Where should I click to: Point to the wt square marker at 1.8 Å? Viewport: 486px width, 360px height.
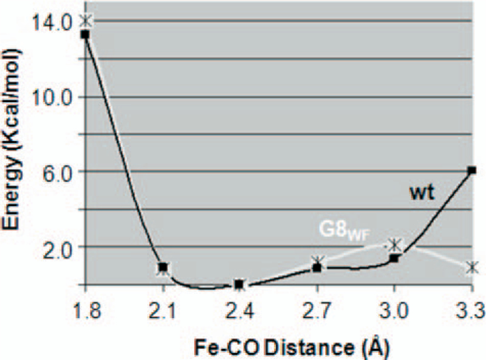pos(85,35)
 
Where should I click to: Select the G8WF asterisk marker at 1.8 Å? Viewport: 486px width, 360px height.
pos(86,21)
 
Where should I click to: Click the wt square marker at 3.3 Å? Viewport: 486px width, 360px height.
pos(471,171)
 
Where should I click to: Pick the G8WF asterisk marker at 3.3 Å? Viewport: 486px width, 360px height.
pos(471,267)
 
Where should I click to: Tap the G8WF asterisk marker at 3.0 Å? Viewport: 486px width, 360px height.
pos(395,245)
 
